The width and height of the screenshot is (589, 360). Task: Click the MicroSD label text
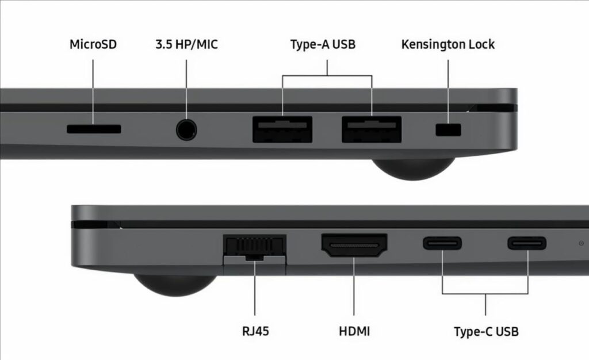coord(93,44)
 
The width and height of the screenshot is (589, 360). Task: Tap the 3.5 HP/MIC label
coord(186,44)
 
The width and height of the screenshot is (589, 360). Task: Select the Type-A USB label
coord(323,44)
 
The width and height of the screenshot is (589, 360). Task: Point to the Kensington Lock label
coord(448,45)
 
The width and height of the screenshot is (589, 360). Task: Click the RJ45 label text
coord(255,331)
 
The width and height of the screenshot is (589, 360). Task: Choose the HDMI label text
coord(354,331)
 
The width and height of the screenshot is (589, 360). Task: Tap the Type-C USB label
coord(486,331)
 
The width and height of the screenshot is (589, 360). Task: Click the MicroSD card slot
coord(94,129)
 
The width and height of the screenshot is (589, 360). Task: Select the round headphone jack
coord(186,129)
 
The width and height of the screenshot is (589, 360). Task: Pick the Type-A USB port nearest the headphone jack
coord(282,129)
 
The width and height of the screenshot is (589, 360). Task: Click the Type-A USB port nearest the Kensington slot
coord(372,129)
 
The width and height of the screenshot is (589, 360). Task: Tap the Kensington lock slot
coord(448,130)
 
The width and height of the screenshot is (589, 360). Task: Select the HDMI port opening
coord(354,245)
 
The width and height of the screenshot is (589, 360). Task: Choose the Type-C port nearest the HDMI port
coord(442,243)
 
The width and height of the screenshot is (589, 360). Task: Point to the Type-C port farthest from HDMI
coord(527,243)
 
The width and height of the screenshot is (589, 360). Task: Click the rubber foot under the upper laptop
coord(413,168)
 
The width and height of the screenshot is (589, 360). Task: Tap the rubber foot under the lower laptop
coord(175,285)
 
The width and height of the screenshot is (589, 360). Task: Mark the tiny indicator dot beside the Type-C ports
coord(581,244)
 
